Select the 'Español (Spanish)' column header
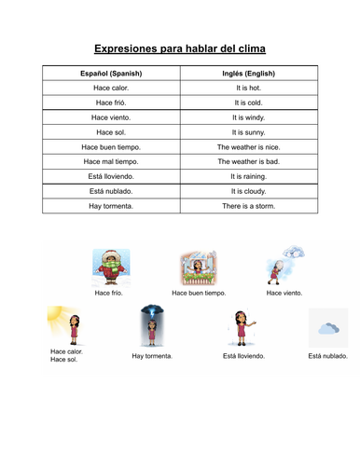(x=111, y=73)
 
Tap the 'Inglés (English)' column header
(x=248, y=73)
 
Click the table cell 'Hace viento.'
(x=111, y=117)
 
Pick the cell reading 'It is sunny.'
(x=248, y=132)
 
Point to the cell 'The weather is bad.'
(x=248, y=161)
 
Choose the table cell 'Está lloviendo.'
(x=111, y=176)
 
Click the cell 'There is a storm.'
(x=248, y=205)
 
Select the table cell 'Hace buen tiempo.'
(x=111, y=147)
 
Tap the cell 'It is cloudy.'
(x=248, y=191)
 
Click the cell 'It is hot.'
(x=248, y=88)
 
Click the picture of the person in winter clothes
(x=109, y=266)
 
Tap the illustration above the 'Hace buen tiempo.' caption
(x=198, y=267)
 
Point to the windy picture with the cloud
(x=284, y=264)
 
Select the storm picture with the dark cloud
(x=151, y=327)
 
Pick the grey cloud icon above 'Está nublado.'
(x=328, y=328)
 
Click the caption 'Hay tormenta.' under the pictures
(x=152, y=356)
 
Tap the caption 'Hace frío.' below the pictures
(x=109, y=293)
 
